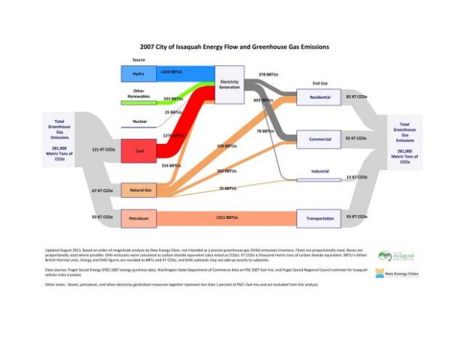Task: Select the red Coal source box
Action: (x=139, y=150)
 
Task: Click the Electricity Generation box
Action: (x=229, y=84)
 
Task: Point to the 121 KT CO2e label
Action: (x=102, y=150)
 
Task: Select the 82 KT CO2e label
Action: (x=355, y=97)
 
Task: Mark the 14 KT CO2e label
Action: (x=355, y=178)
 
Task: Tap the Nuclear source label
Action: (x=139, y=120)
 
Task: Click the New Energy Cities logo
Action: (x=399, y=274)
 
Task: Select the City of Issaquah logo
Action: (x=397, y=256)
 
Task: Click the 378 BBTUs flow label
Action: (x=268, y=74)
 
